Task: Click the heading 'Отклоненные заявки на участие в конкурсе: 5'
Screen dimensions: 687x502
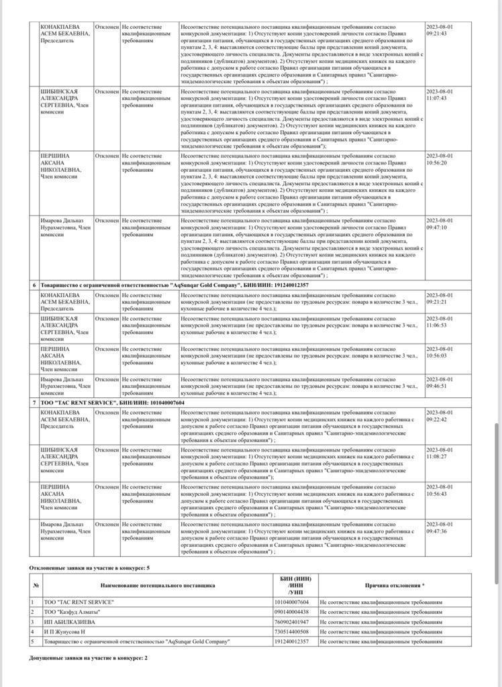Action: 89,568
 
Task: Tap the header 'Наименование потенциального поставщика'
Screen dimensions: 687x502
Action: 158,585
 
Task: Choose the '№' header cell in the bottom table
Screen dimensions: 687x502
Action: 36,585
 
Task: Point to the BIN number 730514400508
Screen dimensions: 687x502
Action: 292,632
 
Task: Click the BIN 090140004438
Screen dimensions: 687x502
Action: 292,612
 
